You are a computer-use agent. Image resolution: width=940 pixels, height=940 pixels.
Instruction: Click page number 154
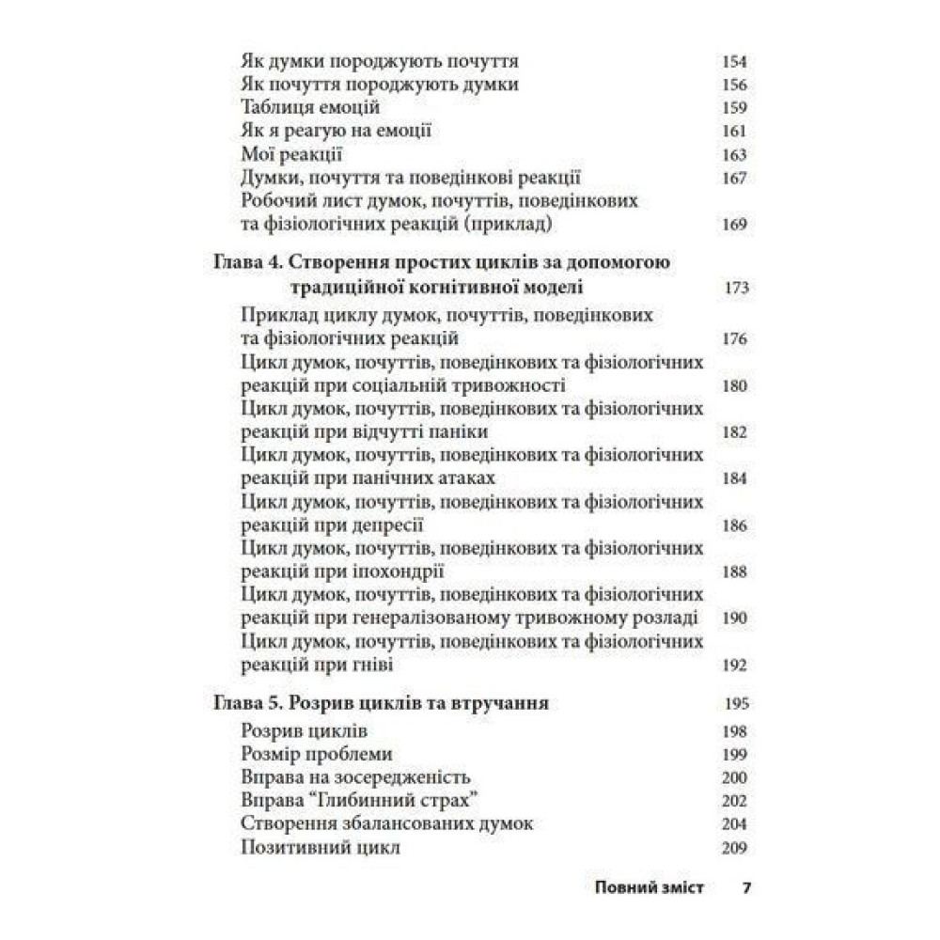734,62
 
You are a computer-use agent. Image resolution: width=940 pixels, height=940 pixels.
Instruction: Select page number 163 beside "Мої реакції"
734,154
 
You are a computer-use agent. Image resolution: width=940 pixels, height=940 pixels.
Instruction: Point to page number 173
736,288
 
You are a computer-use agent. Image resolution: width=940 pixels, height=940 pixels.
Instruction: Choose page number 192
734,666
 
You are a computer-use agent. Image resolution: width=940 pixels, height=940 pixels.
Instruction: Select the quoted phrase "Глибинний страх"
397,801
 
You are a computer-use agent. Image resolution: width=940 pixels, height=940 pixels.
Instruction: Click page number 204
734,824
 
